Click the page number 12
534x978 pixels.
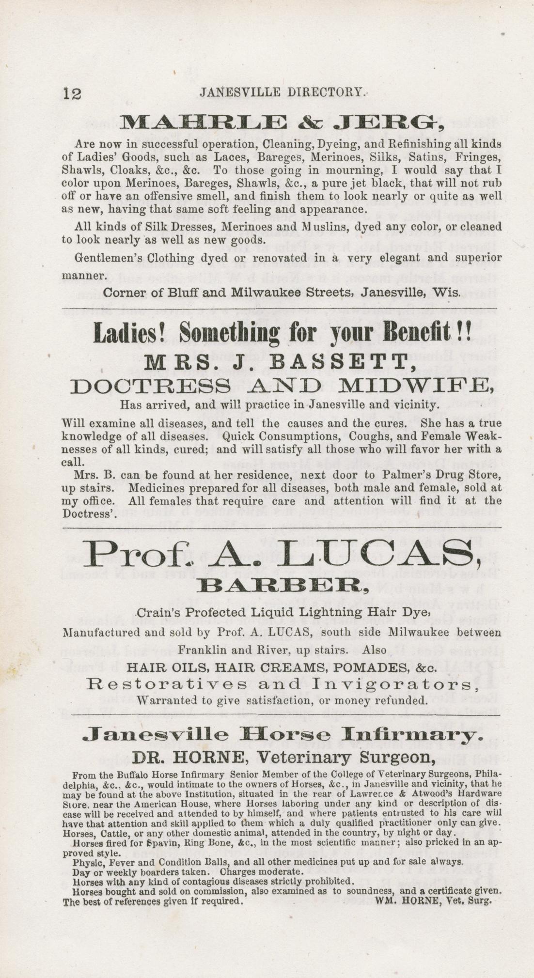tap(72, 93)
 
